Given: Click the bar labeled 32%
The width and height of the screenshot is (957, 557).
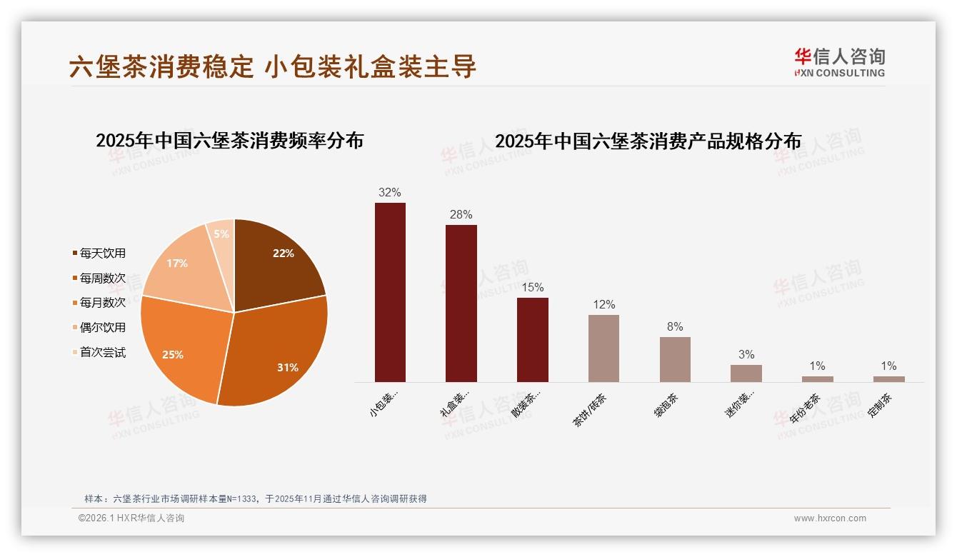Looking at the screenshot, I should (390, 293).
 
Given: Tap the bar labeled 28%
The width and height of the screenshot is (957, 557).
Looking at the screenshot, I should (461, 303).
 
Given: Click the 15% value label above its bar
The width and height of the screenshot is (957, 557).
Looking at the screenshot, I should (532, 287).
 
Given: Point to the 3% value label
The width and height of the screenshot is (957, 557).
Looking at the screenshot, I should (746, 354).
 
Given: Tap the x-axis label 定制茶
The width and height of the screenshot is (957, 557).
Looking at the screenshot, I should (883, 405).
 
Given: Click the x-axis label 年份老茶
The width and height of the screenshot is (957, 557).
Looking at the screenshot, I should (806, 409).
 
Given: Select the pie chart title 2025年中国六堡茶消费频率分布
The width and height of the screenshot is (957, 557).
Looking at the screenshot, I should (229, 140).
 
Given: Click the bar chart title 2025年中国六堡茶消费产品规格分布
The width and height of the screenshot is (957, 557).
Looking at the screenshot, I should (648, 141).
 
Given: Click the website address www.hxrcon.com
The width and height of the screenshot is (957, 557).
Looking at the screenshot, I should (830, 518).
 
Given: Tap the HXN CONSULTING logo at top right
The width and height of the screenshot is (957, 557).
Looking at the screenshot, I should (839, 63).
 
